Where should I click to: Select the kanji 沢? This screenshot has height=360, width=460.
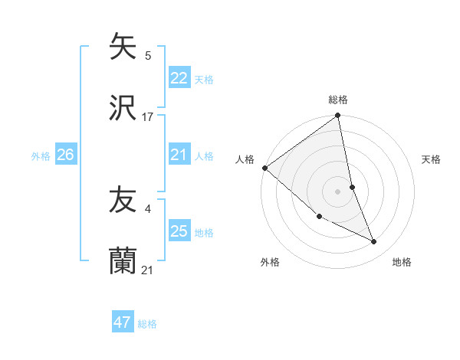tap(123, 108)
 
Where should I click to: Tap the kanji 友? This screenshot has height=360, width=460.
tap(123, 201)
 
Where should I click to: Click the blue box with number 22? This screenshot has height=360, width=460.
tap(179, 78)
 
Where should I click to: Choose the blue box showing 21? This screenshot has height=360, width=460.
tap(179, 155)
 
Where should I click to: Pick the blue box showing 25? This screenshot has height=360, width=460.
tap(179, 231)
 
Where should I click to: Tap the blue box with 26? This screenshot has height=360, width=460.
tap(65, 155)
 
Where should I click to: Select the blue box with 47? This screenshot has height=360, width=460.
tap(123, 322)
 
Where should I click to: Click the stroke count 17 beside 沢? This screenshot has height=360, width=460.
tap(148, 116)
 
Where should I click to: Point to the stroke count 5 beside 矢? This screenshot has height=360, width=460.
tap(148, 55)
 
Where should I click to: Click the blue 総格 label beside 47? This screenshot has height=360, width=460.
tap(147, 324)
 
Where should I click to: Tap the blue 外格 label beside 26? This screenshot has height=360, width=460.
tap(41, 155)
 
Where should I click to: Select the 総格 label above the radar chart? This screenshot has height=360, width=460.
tap(338, 100)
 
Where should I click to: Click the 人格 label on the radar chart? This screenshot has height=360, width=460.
tap(245, 159)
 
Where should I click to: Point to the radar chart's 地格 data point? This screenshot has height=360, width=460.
tap(374, 242)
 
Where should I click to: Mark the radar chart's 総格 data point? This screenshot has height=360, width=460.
tap(338, 116)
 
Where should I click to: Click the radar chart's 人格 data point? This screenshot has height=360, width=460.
tap(264, 168)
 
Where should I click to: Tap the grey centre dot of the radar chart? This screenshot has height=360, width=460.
tap(338, 191)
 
